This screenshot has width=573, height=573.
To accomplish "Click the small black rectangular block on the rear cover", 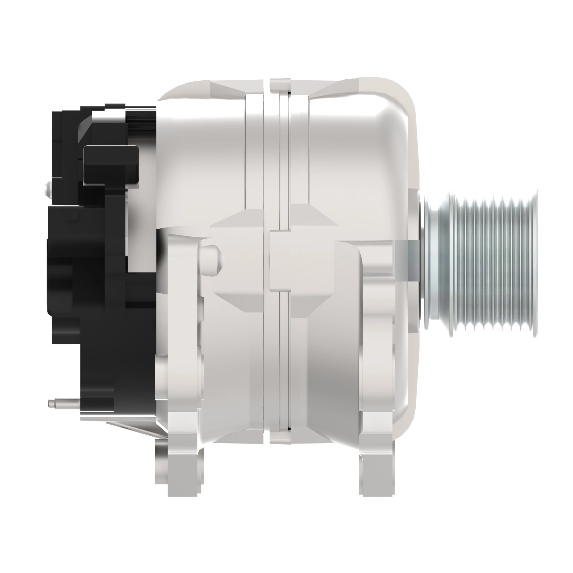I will pos(111,165).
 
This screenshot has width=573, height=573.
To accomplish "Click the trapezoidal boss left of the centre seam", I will pos(237,260).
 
